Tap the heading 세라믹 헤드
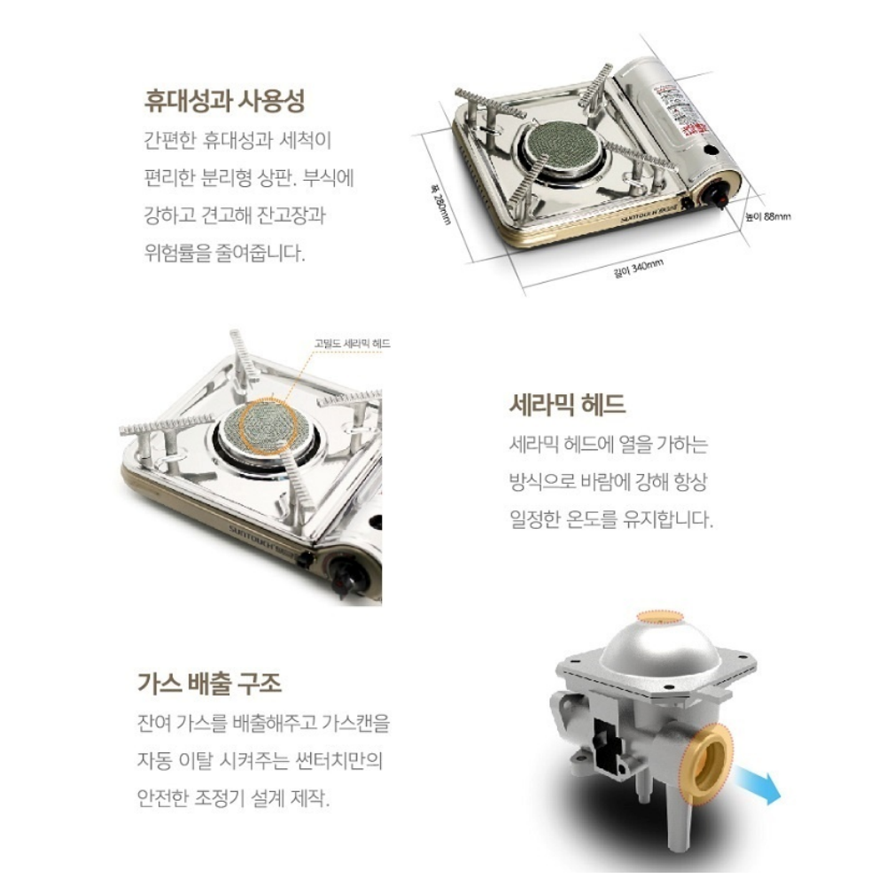click(568, 405)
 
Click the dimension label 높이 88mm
click(766, 216)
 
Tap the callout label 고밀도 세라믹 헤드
click(352, 343)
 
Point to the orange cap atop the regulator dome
click(662, 618)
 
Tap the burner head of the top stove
click(556, 144)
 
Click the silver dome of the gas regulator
click(660, 651)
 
